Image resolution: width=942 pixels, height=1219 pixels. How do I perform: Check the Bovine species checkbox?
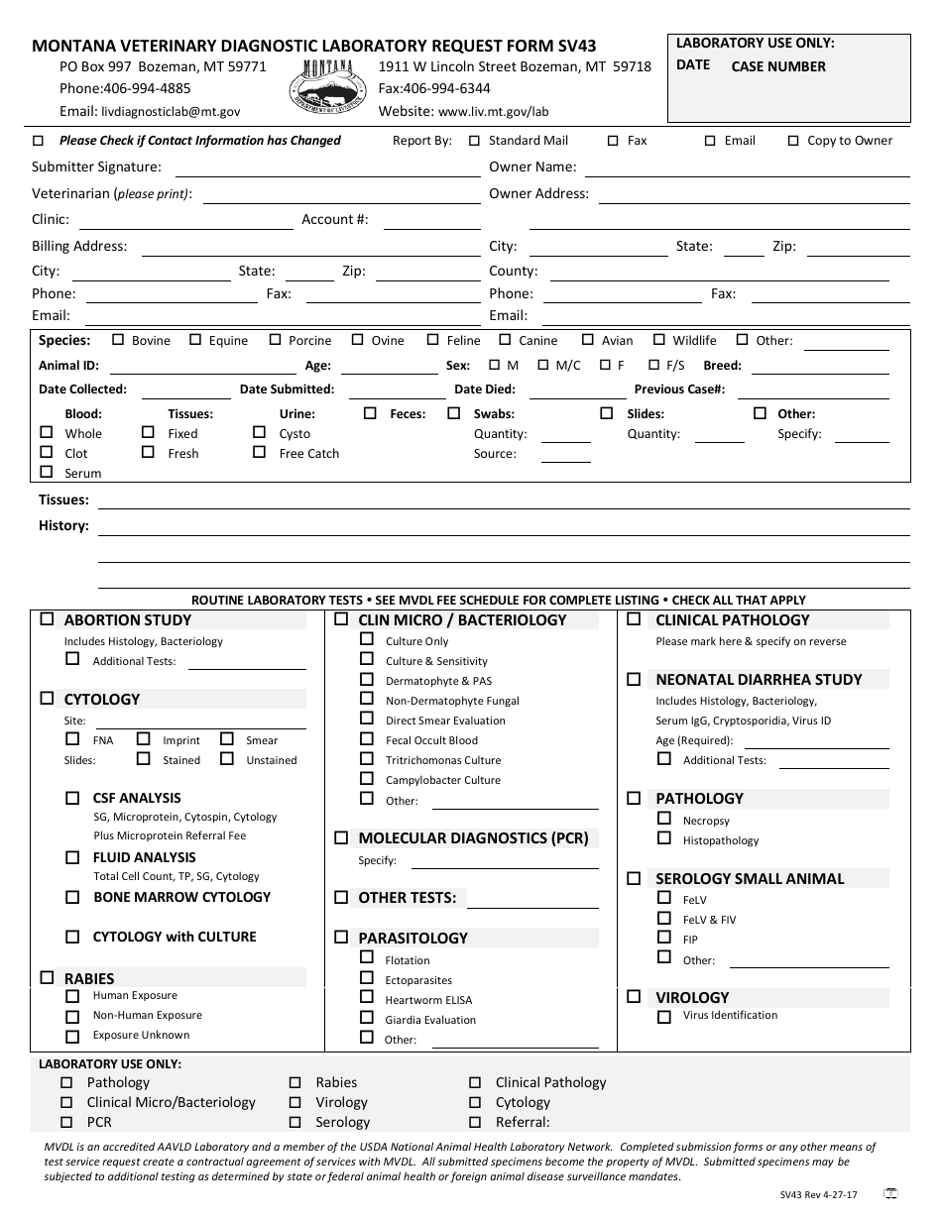coord(118,340)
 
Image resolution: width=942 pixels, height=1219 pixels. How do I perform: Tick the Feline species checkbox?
coord(433,340)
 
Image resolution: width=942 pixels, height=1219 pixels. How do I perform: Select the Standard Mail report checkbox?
coord(475,141)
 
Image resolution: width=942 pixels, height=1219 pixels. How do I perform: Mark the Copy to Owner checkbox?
coord(793,141)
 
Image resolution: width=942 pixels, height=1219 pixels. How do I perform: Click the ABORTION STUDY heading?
coord(128,620)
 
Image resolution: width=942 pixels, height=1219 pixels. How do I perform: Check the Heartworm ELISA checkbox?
coord(367,999)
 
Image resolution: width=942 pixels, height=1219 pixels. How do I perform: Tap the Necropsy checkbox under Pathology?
coord(664,820)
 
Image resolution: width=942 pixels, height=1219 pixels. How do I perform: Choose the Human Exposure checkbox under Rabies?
coord(72,996)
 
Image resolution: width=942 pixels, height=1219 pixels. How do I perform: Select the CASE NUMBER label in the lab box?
coord(778,67)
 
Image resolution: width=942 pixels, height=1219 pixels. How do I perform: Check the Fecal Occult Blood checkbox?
coord(367,739)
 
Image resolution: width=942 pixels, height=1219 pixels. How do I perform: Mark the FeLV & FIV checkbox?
coord(664,919)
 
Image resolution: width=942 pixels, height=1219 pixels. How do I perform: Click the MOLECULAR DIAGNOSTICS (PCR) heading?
coord(473,838)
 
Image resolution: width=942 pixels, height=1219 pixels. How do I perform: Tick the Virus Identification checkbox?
coord(664,1016)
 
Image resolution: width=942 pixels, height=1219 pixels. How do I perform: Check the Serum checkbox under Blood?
coord(47,473)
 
